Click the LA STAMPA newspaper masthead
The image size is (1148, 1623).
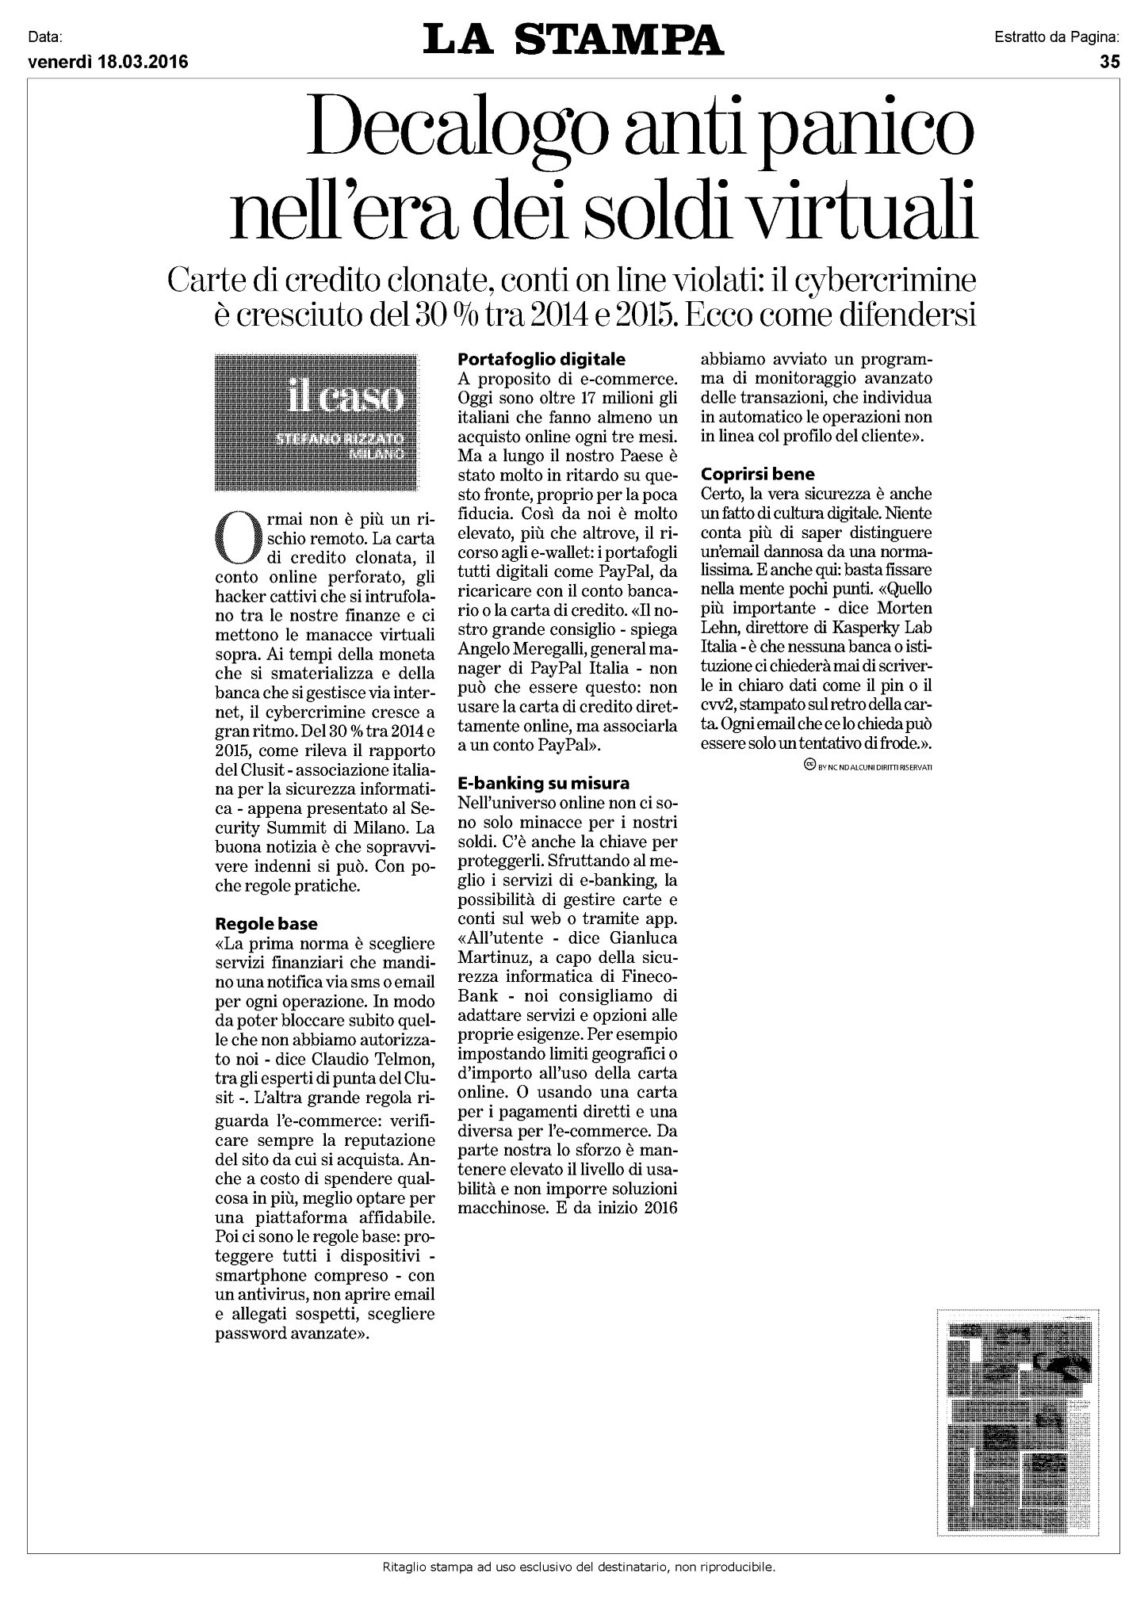click(573, 40)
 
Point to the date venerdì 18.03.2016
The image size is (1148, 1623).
click(108, 63)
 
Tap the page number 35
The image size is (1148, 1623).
click(1109, 63)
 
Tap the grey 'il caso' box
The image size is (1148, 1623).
click(316, 422)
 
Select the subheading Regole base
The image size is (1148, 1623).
click(266, 924)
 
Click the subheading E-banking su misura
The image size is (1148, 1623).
click(543, 783)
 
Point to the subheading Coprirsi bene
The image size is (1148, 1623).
click(757, 475)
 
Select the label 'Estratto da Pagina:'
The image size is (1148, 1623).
click(1056, 36)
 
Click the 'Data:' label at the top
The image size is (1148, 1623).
click(44, 36)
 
